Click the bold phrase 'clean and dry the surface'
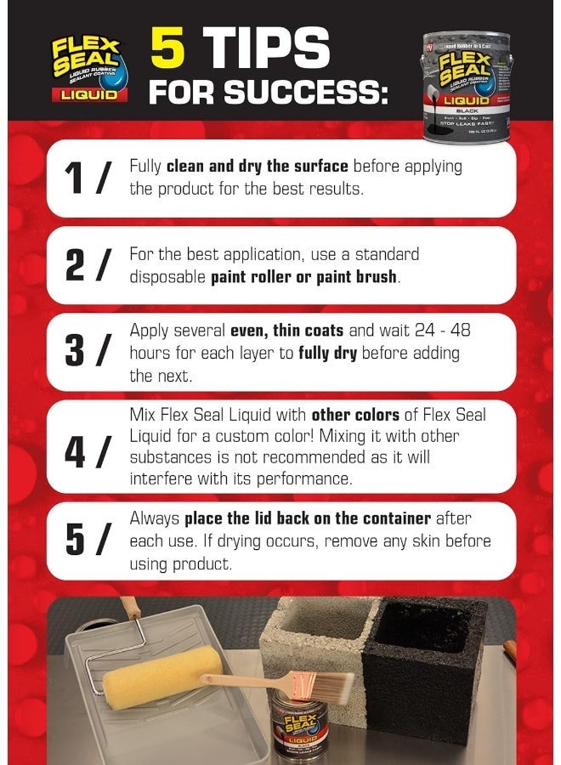(258, 166)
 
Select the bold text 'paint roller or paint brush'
(303, 277)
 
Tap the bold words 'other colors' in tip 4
(354, 416)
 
